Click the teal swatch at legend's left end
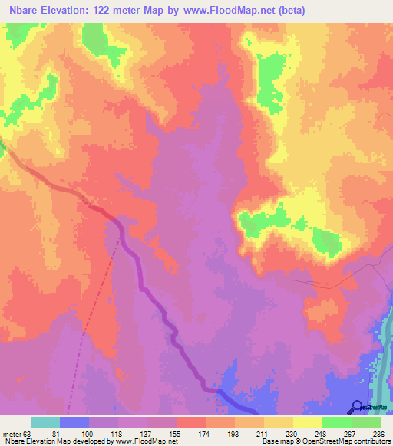(45, 422)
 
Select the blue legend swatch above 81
(74, 422)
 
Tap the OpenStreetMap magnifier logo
(358, 406)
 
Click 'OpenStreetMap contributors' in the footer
(347, 442)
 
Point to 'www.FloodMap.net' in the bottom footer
(146, 442)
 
